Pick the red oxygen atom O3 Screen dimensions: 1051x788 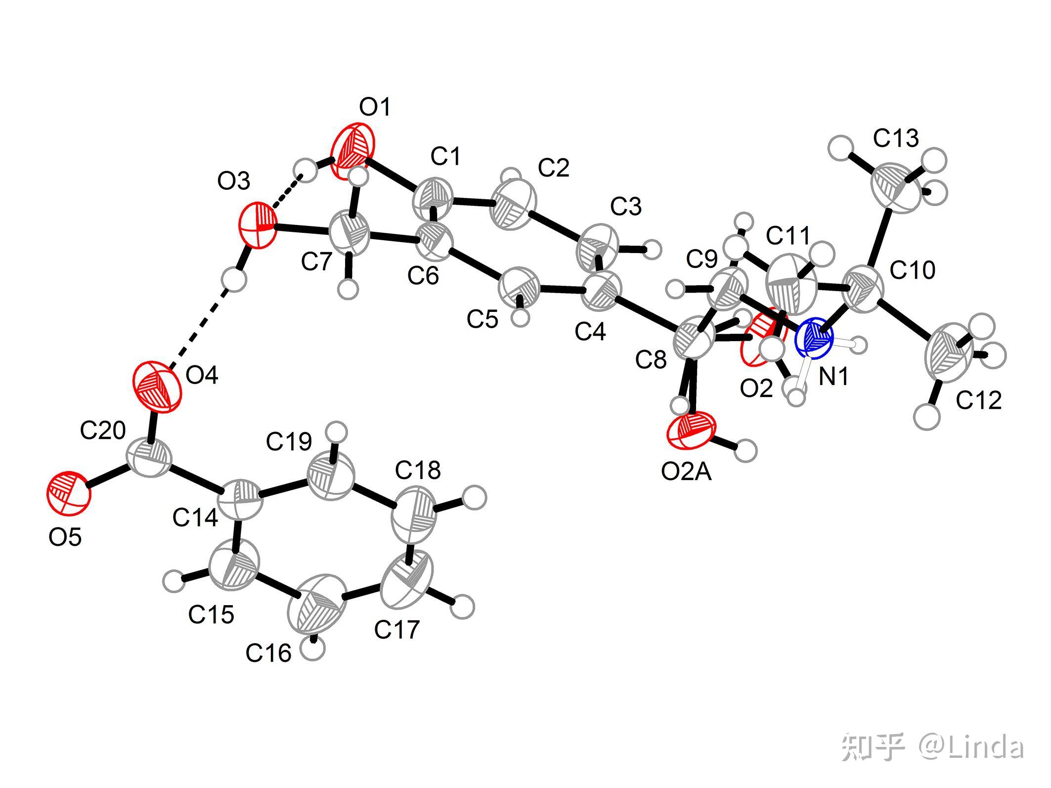[258, 225]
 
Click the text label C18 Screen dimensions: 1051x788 [418, 470]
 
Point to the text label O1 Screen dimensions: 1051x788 [375, 107]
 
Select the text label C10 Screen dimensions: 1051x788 [913, 270]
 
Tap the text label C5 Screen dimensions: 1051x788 [482, 320]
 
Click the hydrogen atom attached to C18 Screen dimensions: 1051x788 [475, 497]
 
